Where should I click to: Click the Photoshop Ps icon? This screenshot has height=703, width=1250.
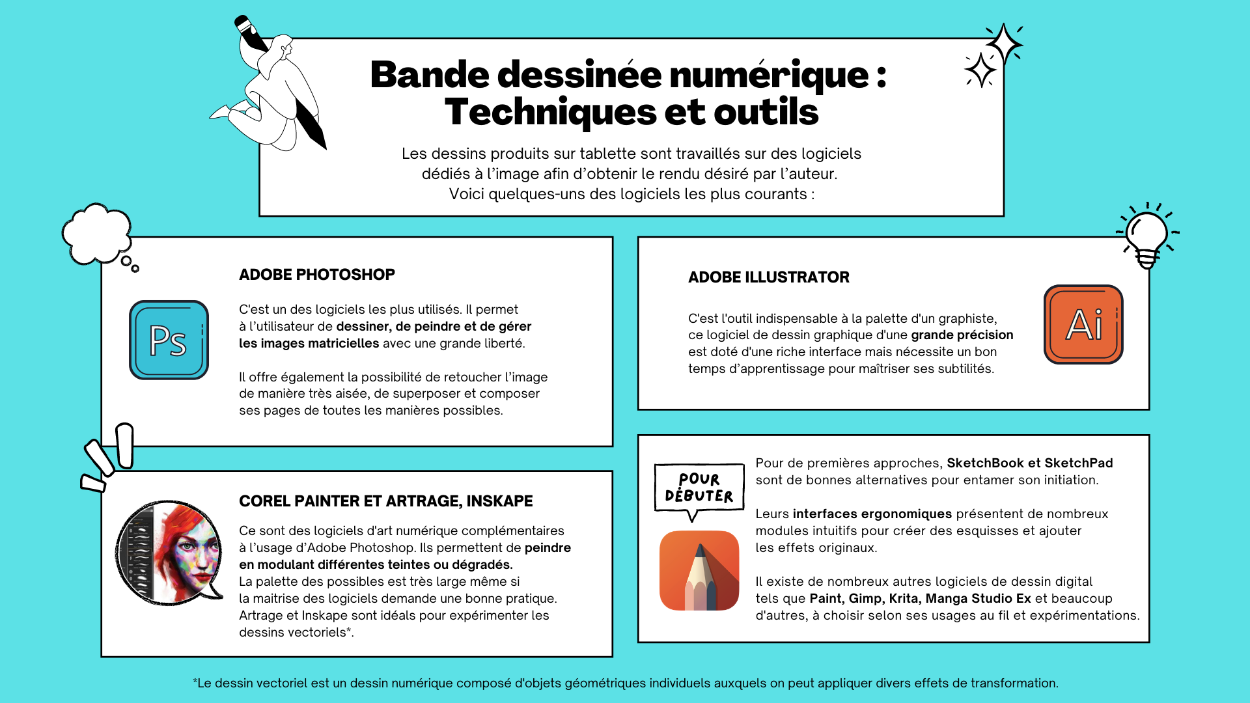(169, 340)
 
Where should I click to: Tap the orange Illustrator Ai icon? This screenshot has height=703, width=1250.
(1083, 324)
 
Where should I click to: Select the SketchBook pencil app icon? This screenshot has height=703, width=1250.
(699, 571)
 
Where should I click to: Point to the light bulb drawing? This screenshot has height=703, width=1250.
(1147, 236)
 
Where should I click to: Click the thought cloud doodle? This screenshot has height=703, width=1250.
(97, 234)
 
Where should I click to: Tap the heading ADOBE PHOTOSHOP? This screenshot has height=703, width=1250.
(317, 275)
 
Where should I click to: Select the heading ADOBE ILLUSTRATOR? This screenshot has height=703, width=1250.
(768, 277)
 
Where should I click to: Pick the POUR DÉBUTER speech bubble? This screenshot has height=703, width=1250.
(699, 488)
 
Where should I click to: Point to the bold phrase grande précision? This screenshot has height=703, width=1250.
(962, 335)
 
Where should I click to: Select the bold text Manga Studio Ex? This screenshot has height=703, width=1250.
(978, 599)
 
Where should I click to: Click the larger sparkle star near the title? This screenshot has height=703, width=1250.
(1003, 44)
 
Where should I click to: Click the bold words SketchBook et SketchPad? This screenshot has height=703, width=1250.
(1029, 463)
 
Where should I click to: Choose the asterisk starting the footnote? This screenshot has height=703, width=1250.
(195, 682)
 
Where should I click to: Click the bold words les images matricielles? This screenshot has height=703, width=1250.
(309, 344)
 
